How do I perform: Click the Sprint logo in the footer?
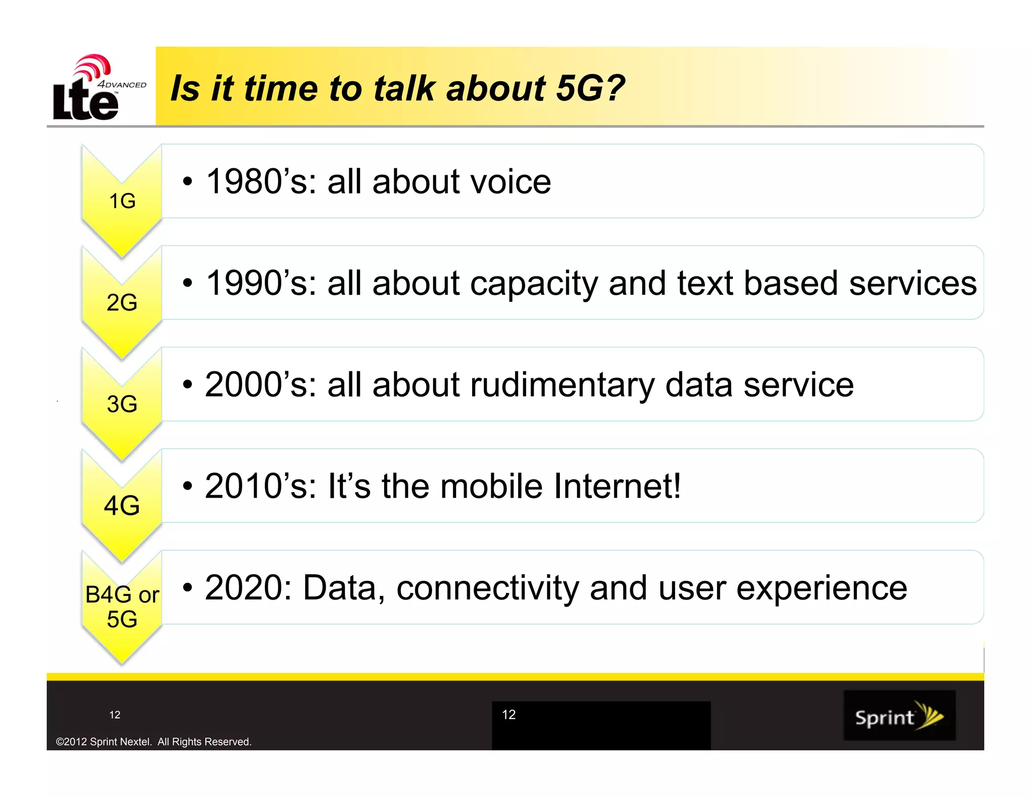899,715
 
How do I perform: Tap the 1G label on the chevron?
122,201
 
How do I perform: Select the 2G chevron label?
122,302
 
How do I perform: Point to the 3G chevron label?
122,404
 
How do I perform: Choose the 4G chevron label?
122,505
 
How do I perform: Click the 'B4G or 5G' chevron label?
122,607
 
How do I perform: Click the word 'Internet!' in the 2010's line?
617,486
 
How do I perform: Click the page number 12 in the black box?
508,714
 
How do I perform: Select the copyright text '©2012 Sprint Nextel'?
103,742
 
